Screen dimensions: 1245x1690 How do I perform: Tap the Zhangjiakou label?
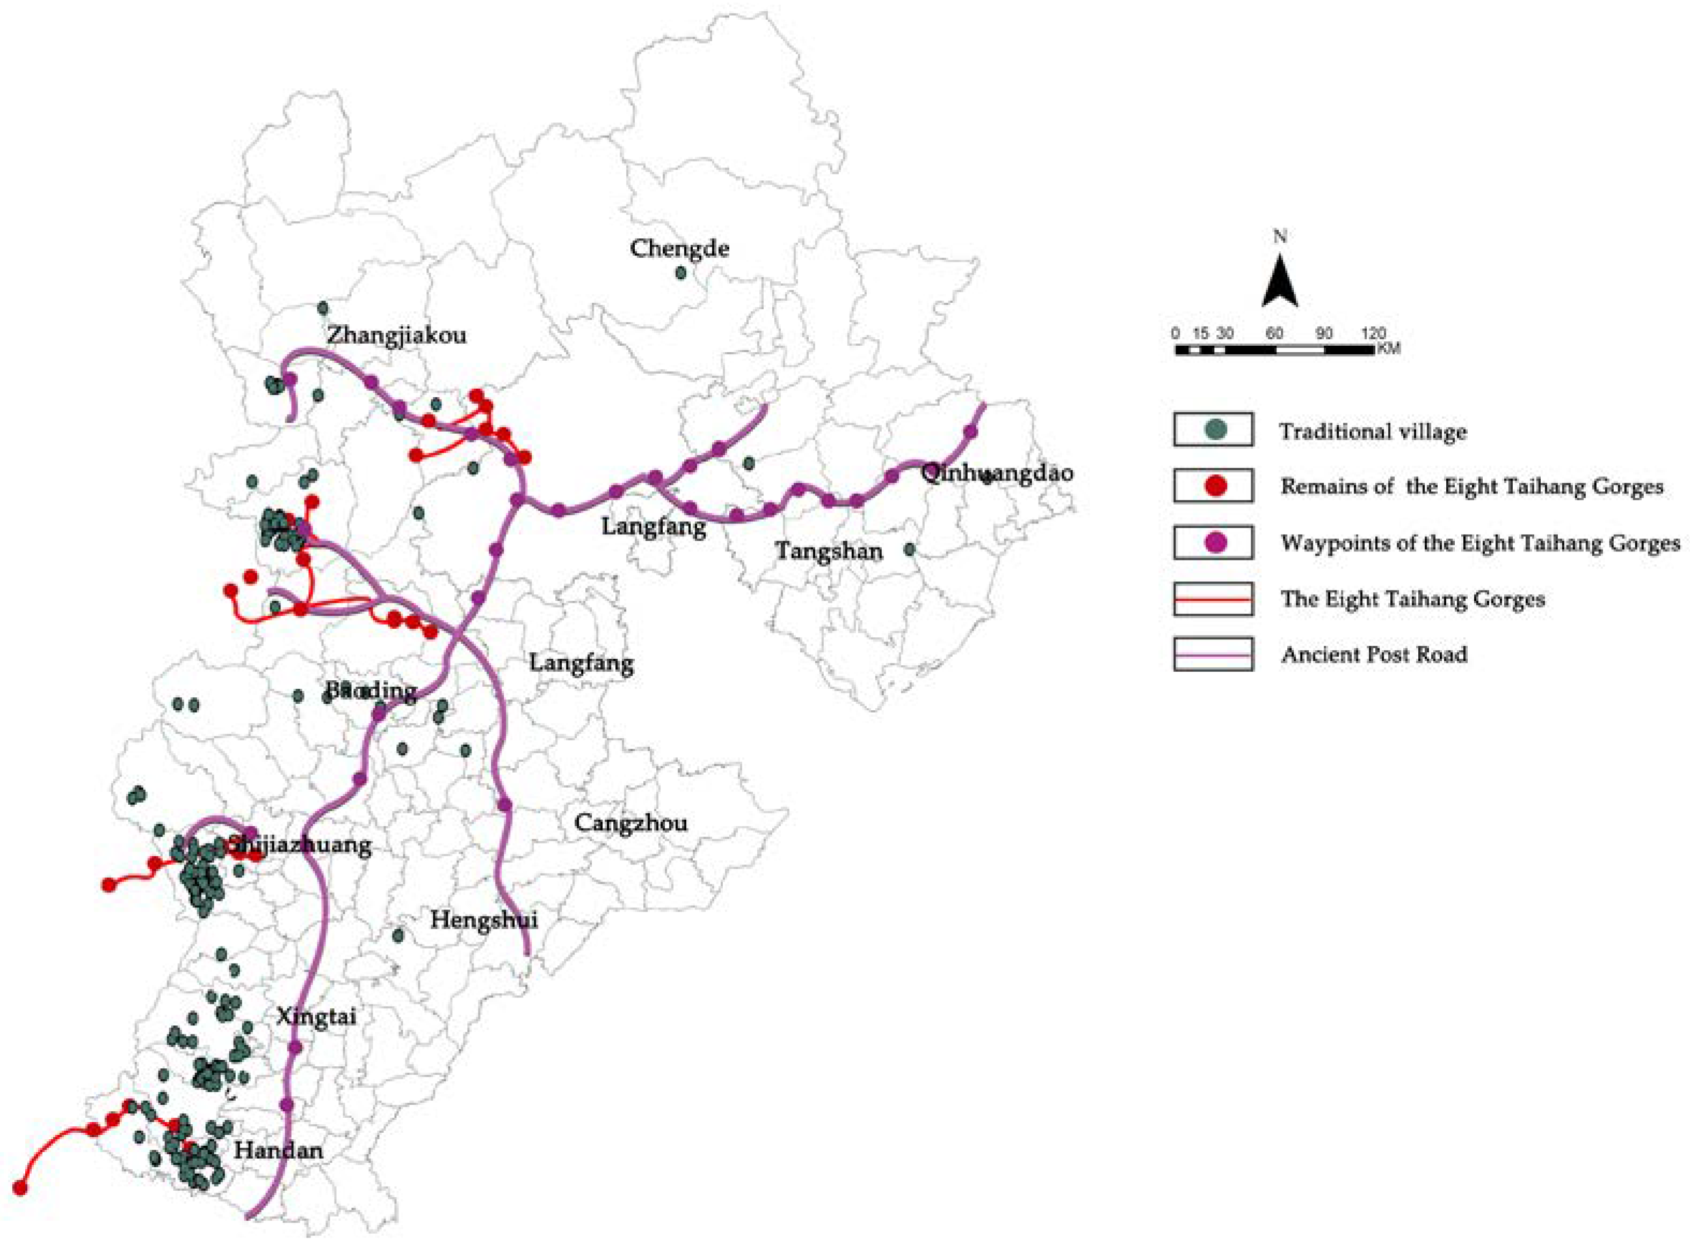[396, 334]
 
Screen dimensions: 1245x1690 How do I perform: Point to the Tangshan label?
[829, 551]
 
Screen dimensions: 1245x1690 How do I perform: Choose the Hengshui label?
[483, 920]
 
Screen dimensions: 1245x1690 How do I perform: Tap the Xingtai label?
[316, 1016]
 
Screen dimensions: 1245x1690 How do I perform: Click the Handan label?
[278, 1150]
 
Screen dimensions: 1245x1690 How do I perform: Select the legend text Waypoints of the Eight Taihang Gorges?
[1479, 543]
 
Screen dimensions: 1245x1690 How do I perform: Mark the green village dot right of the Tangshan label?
[909, 549]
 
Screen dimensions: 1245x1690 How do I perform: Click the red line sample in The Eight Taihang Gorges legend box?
[1213, 599]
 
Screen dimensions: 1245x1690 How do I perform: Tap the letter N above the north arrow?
[1279, 237]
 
